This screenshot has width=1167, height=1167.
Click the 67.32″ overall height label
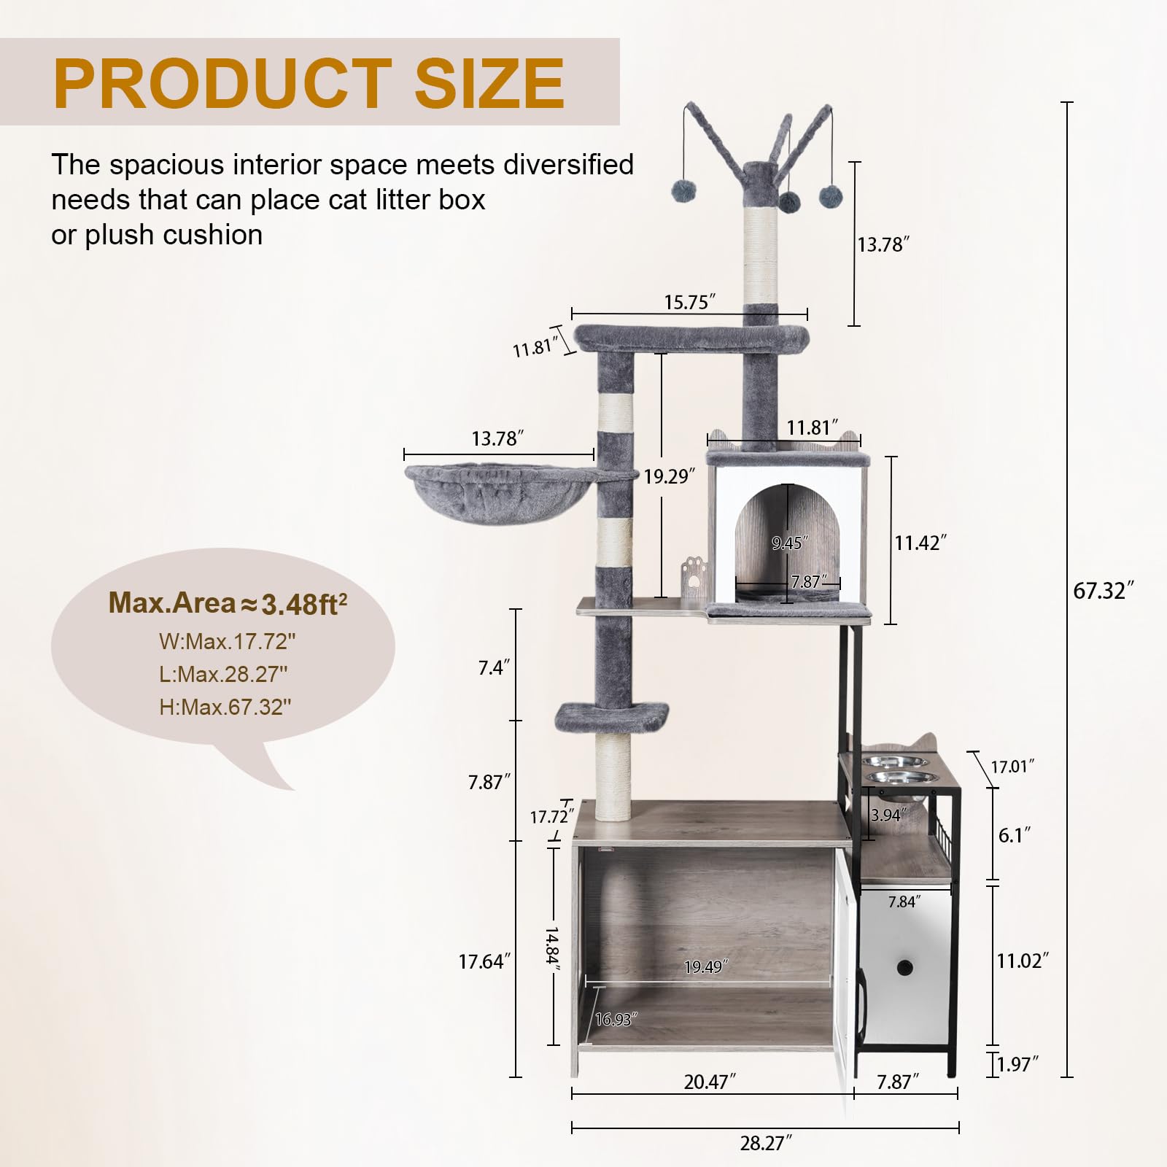(1102, 591)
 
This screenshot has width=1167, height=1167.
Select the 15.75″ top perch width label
(689, 302)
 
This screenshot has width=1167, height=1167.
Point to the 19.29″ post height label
(668, 476)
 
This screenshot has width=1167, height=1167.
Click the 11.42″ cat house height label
(920, 543)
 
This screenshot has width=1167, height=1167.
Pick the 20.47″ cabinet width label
(709, 1082)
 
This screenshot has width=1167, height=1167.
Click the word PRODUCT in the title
(222, 83)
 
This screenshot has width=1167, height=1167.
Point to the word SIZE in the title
(489, 83)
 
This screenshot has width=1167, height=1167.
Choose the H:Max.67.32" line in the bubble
(225, 707)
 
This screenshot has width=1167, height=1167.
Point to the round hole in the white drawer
(905, 969)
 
